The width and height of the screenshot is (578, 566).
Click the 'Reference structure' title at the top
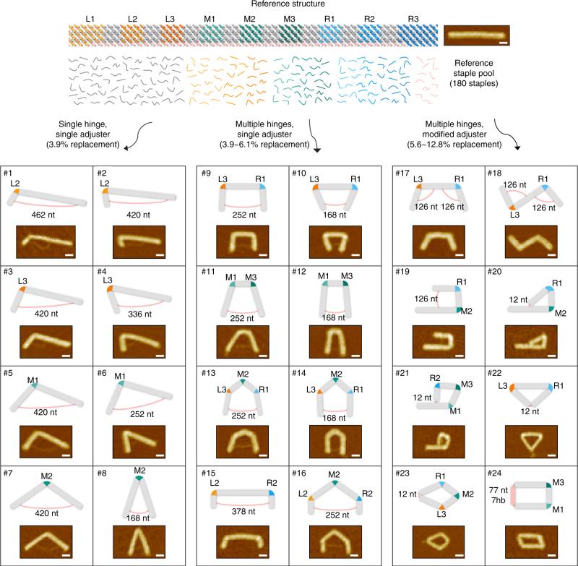(x=290, y=5)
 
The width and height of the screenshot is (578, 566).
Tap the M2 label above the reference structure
(x=249, y=18)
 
